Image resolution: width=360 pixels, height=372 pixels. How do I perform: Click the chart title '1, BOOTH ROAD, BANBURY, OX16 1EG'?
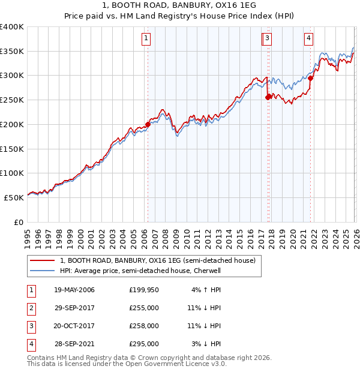tap(179, 6)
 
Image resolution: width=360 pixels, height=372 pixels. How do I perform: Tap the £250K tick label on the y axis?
tap(12, 100)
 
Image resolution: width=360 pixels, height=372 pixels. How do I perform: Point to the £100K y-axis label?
tap(12, 173)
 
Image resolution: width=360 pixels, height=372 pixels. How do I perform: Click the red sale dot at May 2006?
tap(148, 125)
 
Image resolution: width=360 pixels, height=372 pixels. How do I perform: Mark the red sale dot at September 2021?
tap(311, 76)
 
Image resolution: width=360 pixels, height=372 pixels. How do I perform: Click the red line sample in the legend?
tap(42, 260)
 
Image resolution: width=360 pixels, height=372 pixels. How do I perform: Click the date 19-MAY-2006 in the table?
tap(74, 290)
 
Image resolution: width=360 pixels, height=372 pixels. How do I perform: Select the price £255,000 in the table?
tap(144, 308)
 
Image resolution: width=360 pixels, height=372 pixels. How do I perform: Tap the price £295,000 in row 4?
tap(144, 344)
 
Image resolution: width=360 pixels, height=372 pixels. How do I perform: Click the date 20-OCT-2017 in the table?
tap(74, 326)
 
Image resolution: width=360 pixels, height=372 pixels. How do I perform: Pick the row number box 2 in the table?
tap(31, 308)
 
